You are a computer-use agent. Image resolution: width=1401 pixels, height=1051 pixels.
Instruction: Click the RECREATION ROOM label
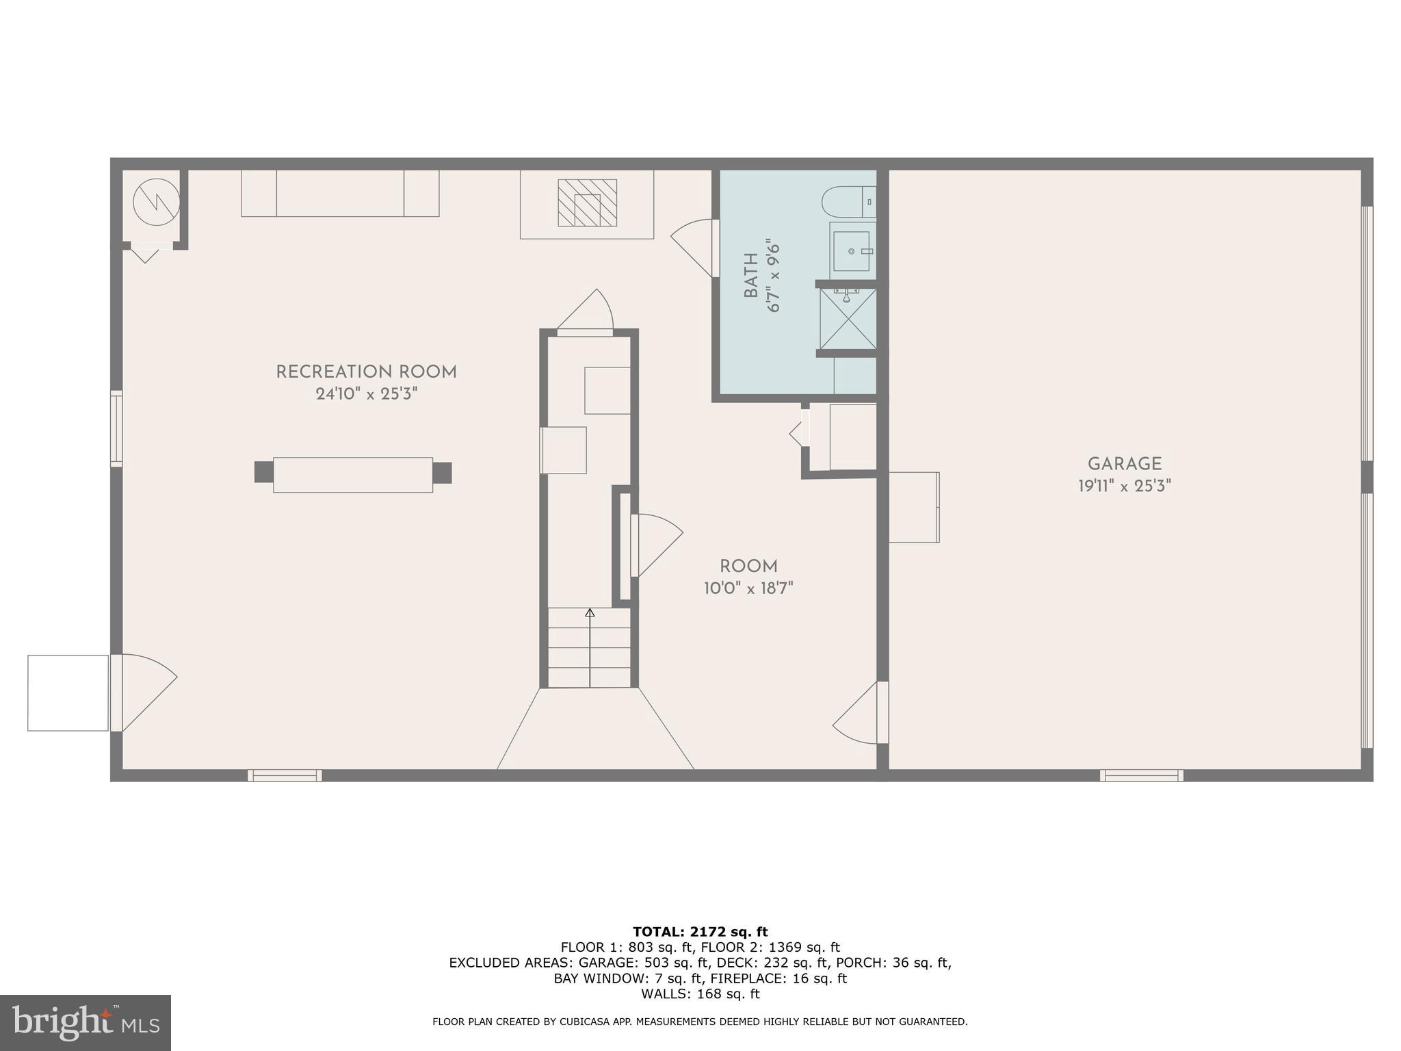click(366, 372)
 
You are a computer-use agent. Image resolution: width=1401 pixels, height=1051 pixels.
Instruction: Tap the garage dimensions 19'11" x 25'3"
click(1125, 486)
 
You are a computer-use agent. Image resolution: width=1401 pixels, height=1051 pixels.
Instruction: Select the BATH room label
click(751, 276)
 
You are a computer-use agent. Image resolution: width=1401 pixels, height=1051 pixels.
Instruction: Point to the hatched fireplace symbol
click(587, 203)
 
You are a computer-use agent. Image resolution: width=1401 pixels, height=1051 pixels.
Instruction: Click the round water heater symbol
click(156, 203)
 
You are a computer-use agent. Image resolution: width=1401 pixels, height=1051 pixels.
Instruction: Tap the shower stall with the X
click(848, 319)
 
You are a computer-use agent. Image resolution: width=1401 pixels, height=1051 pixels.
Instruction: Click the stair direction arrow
click(590, 647)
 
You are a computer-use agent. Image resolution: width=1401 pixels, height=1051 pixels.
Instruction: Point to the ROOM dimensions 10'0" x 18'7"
click(748, 588)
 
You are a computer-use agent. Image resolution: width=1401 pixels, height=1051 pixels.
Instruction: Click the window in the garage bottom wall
click(1141, 775)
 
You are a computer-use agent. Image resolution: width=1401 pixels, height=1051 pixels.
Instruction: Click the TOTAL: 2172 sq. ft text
click(700, 932)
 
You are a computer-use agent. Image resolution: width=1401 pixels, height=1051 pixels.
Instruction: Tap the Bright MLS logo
click(85, 1022)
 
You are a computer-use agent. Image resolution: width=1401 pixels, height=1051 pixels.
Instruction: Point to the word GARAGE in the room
click(1125, 464)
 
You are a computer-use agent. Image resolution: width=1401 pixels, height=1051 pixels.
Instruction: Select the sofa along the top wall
click(340, 194)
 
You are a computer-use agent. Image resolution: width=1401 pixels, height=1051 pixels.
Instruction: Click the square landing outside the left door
click(68, 692)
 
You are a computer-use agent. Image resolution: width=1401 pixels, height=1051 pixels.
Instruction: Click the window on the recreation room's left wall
click(116, 429)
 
